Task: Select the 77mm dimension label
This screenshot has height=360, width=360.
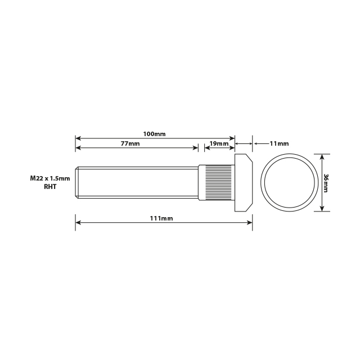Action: coord(130,144)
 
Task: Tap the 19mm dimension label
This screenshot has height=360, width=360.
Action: coord(218,144)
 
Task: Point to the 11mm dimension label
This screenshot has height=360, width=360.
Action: coord(279,144)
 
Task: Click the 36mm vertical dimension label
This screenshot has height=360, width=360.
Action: coord(326,183)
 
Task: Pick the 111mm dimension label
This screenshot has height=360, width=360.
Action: coord(162,218)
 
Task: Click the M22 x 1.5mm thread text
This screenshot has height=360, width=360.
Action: coord(50,178)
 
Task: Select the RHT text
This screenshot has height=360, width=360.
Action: coord(50,186)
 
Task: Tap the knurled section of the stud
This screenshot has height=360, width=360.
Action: coord(217,182)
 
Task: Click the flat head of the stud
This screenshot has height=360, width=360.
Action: coord(244,183)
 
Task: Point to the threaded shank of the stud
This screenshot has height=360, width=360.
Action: coord(138,182)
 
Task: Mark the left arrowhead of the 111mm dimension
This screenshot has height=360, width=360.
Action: coord(78,222)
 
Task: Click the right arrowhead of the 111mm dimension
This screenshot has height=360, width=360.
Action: coord(250,222)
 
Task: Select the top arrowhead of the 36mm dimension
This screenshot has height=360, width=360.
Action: coord(322,157)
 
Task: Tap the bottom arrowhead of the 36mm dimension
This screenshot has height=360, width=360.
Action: coord(322,209)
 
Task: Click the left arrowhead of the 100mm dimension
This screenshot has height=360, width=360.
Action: coord(78,138)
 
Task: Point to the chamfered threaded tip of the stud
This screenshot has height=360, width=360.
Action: coord(78,182)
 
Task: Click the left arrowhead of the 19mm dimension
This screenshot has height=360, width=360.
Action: coord(206,148)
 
